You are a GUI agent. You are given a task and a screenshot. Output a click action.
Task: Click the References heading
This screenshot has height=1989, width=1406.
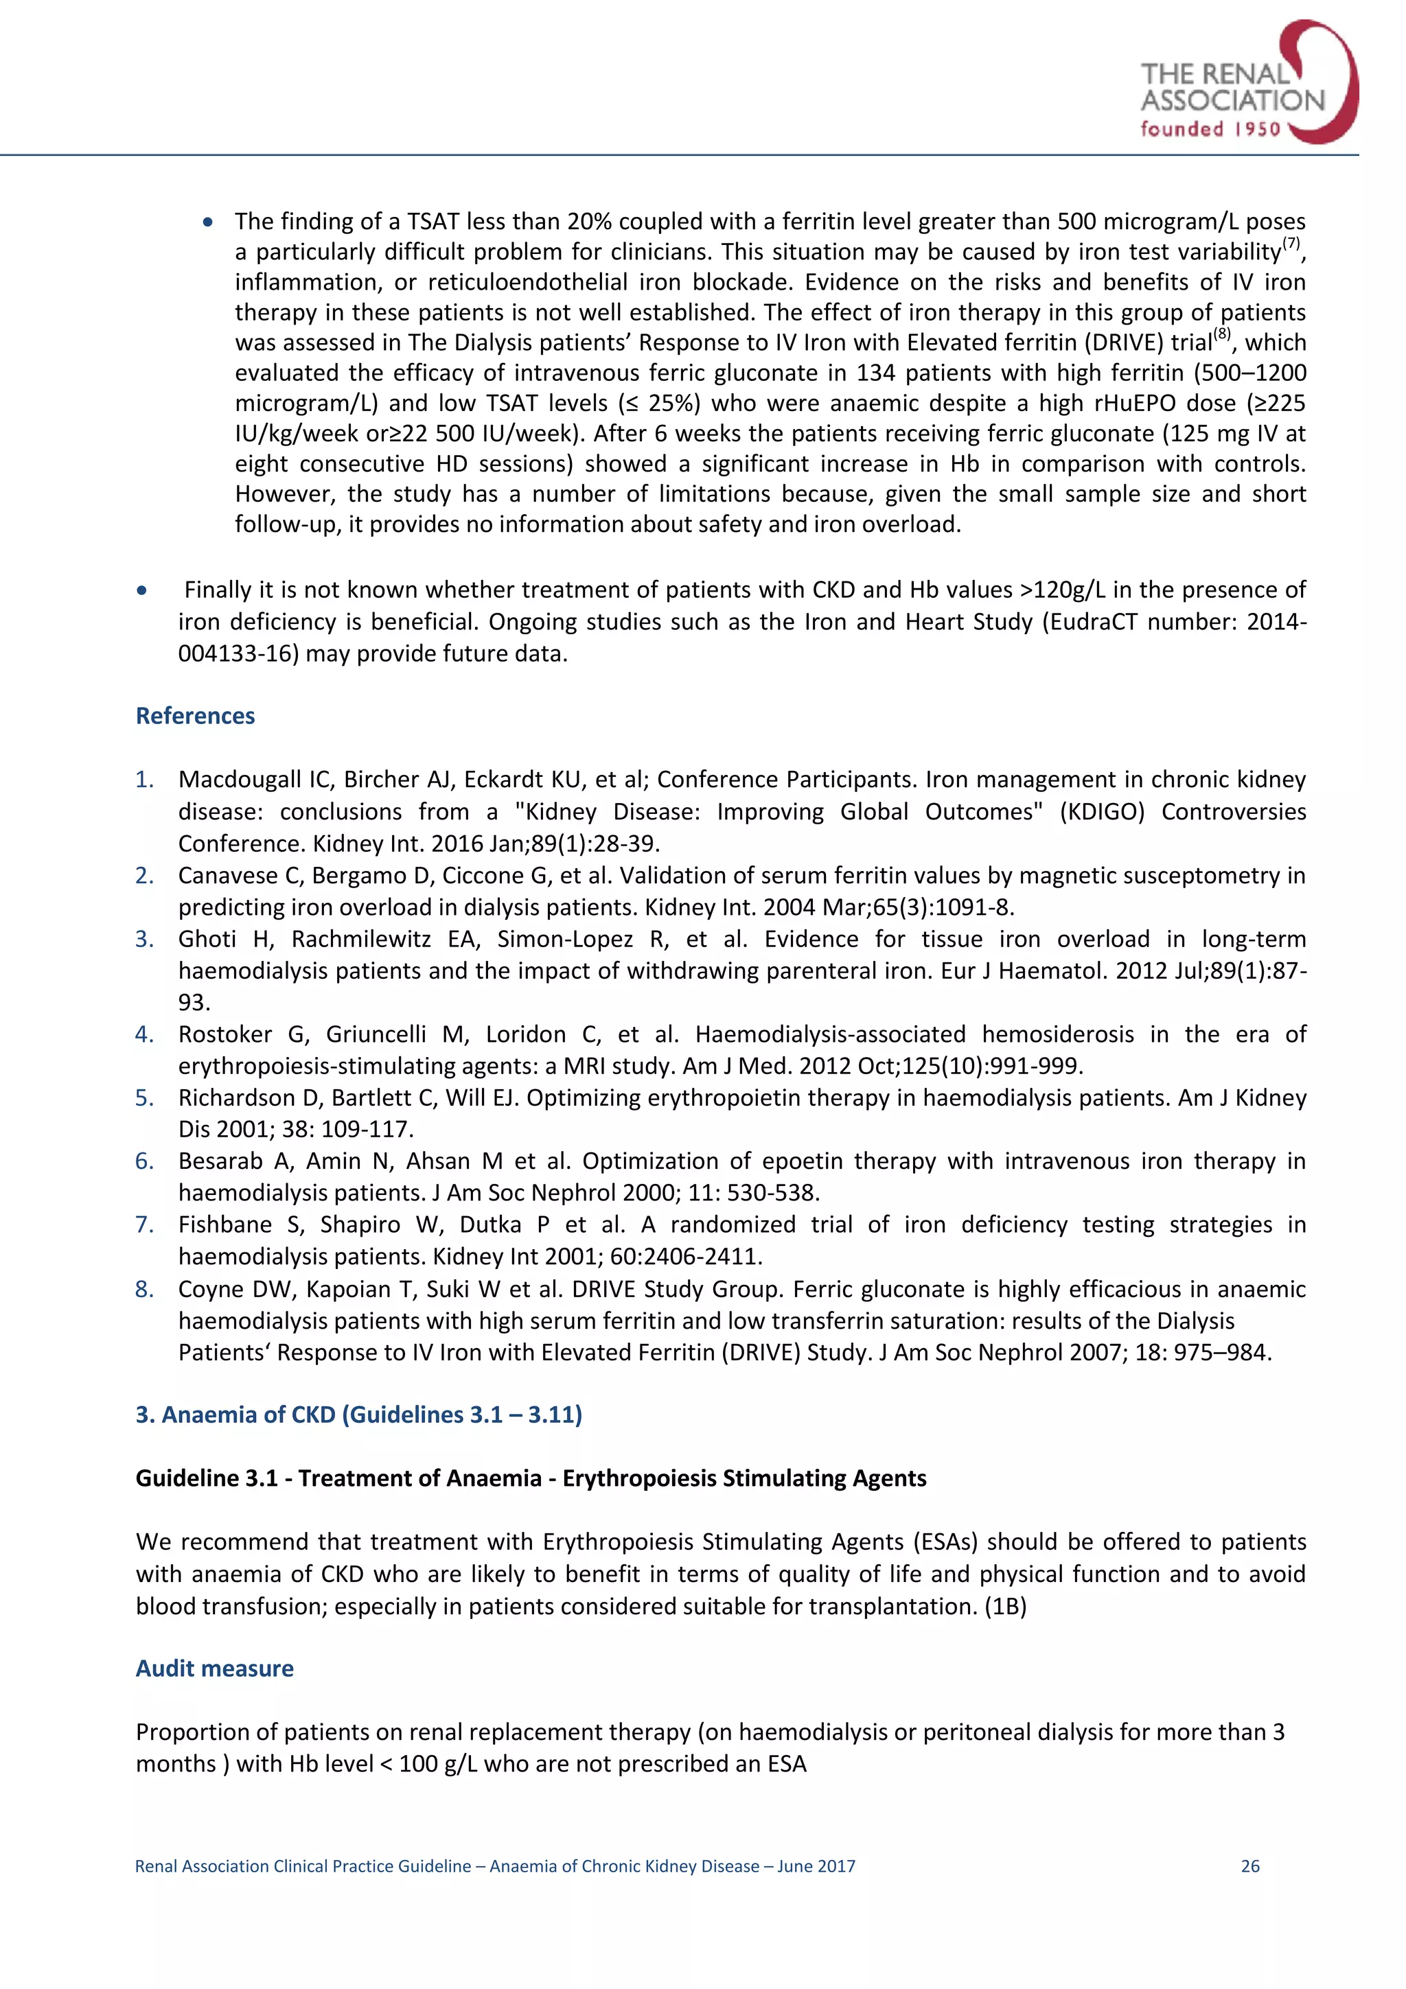195,717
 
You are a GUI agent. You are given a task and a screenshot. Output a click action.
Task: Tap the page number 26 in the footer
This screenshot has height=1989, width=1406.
1249,1866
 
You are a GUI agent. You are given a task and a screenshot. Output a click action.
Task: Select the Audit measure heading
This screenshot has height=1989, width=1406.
214,1668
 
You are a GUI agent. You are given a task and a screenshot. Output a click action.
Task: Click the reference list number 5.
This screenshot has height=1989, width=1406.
143,1097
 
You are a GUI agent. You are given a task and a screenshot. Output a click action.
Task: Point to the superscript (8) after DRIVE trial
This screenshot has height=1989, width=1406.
1221,334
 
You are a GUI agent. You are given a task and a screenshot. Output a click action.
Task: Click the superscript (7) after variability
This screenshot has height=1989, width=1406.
1291,242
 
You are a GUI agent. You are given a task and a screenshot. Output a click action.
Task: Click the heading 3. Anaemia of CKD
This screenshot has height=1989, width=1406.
358,1415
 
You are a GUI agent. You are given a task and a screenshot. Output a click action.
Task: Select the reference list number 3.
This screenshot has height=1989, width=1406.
143,939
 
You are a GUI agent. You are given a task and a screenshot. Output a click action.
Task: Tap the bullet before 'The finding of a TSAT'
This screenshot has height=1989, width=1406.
208,222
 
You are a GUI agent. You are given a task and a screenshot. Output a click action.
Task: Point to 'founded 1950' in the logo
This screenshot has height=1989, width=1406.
1210,130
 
